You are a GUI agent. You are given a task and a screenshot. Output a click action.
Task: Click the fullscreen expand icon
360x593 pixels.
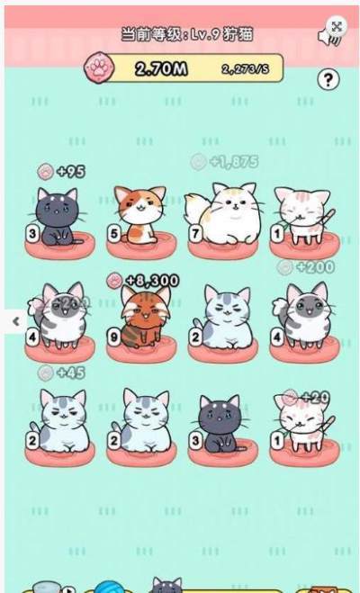[336, 26]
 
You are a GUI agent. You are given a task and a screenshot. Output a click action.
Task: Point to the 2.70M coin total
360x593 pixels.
[161, 68]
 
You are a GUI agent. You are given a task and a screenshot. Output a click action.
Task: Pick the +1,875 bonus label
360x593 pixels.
[232, 161]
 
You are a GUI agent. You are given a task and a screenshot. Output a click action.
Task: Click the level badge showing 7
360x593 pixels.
[195, 234]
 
